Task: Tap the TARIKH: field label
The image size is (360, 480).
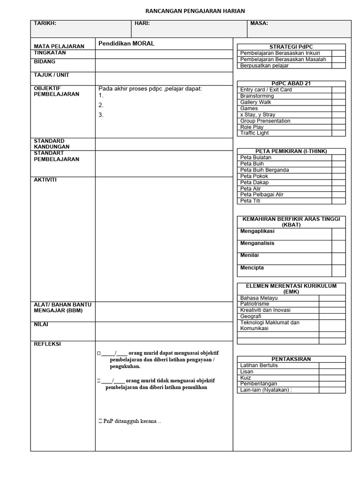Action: click(x=45, y=23)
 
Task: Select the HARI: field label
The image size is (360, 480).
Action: click(x=142, y=23)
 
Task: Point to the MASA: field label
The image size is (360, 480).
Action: click(x=259, y=23)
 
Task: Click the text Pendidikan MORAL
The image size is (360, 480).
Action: click(x=126, y=44)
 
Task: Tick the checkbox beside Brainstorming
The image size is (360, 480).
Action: click(x=338, y=96)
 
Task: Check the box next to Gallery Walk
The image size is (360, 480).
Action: click(x=338, y=102)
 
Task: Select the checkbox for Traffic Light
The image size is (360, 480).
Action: click(x=338, y=133)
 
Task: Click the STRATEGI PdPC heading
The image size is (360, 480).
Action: click(x=291, y=46)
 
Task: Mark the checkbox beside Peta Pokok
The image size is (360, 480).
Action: click(x=338, y=176)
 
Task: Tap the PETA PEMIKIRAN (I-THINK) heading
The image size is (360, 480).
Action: click(x=291, y=151)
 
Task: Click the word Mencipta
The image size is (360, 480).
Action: click(x=252, y=268)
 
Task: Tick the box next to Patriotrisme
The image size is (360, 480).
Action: click(x=332, y=304)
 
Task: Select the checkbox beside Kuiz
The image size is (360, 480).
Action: click(x=332, y=378)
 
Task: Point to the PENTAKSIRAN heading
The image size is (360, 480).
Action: click(x=291, y=359)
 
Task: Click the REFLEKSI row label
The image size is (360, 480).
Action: click(x=47, y=344)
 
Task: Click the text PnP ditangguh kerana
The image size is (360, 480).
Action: click(x=132, y=421)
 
